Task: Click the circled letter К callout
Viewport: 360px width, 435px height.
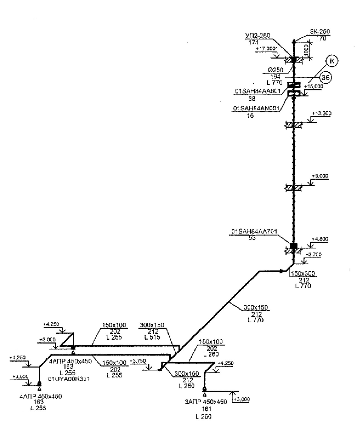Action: click(332, 61)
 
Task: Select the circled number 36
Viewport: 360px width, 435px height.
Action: click(326, 78)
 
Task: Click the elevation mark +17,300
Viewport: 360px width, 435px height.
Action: click(266, 48)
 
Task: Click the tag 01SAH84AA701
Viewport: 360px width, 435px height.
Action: click(254, 232)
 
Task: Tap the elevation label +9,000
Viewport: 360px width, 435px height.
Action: click(320, 176)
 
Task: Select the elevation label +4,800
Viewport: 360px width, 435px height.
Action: click(320, 239)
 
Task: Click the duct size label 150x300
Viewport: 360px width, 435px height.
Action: click(303, 273)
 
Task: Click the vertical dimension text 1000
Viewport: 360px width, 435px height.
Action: click(307, 49)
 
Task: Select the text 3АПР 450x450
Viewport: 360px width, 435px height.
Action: click(206, 402)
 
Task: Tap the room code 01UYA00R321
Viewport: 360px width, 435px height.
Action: click(69, 379)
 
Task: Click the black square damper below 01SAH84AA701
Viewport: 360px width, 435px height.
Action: click(293, 246)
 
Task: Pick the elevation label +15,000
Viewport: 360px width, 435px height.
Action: click(314, 86)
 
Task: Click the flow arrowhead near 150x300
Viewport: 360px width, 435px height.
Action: click(281, 271)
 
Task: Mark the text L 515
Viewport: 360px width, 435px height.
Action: click(152, 337)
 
